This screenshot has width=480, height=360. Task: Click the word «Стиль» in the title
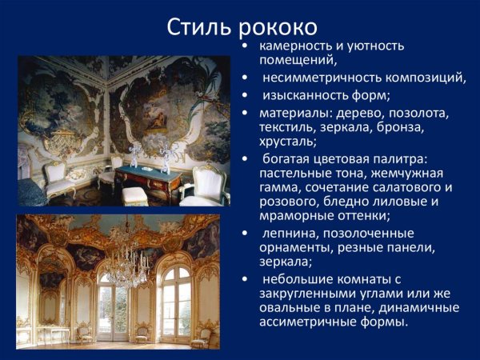[x=200, y=26]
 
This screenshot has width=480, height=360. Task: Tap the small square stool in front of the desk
[x=135, y=196]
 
